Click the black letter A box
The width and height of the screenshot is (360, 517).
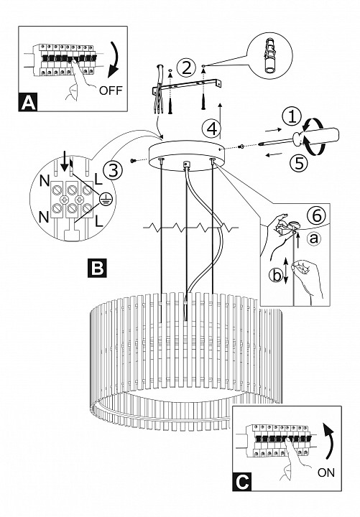[x=28, y=103]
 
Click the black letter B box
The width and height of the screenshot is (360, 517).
[x=97, y=268]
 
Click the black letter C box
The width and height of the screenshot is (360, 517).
[x=242, y=482]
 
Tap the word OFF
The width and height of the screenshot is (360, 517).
[x=111, y=90]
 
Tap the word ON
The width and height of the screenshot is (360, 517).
[x=326, y=472]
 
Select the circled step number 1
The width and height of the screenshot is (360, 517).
[x=292, y=117]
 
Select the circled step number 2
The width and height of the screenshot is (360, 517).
[x=186, y=68]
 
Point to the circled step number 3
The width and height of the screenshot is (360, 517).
[x=113, y=171]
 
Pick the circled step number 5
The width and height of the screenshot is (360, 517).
[x=299, y=163]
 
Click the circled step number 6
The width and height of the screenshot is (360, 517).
[x=316, y=216]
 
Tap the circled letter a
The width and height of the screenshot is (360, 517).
[x=314, y=238]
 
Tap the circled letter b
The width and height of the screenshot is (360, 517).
[x=276, y=275]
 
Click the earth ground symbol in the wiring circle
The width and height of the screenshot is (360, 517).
[x=106, y=199]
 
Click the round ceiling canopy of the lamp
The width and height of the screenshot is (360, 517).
[x=186, y=155]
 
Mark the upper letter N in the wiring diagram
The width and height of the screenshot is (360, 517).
[x=45, y=180]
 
